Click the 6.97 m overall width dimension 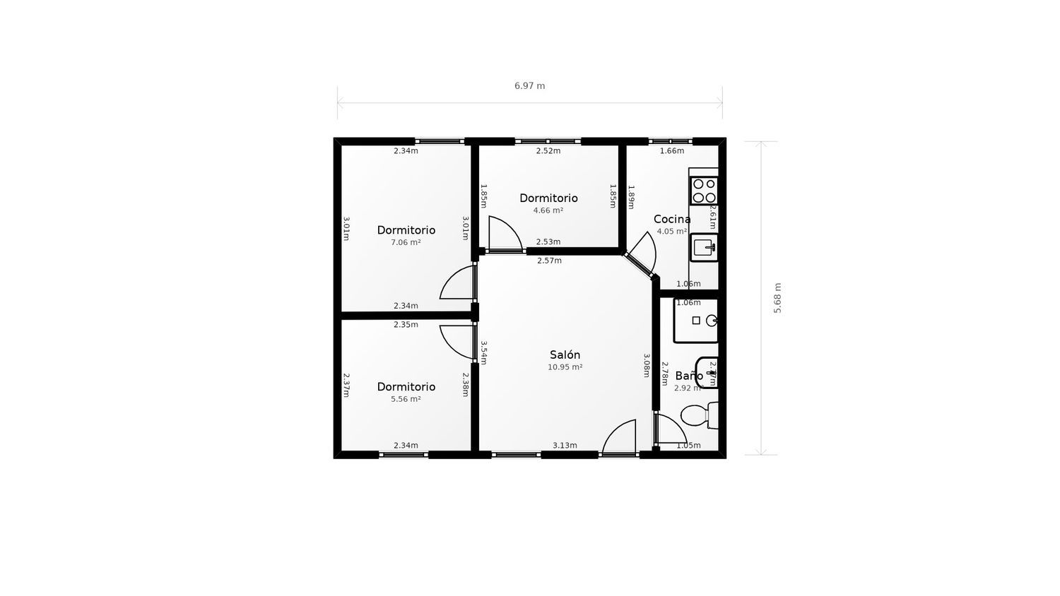[529, 86]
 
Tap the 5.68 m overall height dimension [777, 298]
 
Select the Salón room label [565, 355]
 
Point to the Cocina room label [671, 220]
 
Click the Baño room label [688, 376]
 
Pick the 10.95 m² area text [565, 367]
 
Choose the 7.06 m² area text [406, 242]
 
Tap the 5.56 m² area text [406, 399]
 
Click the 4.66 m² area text [548, 210]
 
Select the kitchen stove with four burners [704, 191]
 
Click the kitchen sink [704, 247]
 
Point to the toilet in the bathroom [700, 415]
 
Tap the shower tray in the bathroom [696, 321]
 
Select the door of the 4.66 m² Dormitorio [505, 234]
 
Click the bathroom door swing [670, 429]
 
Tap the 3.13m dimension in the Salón [565, 446]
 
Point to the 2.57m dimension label [549, 261]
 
